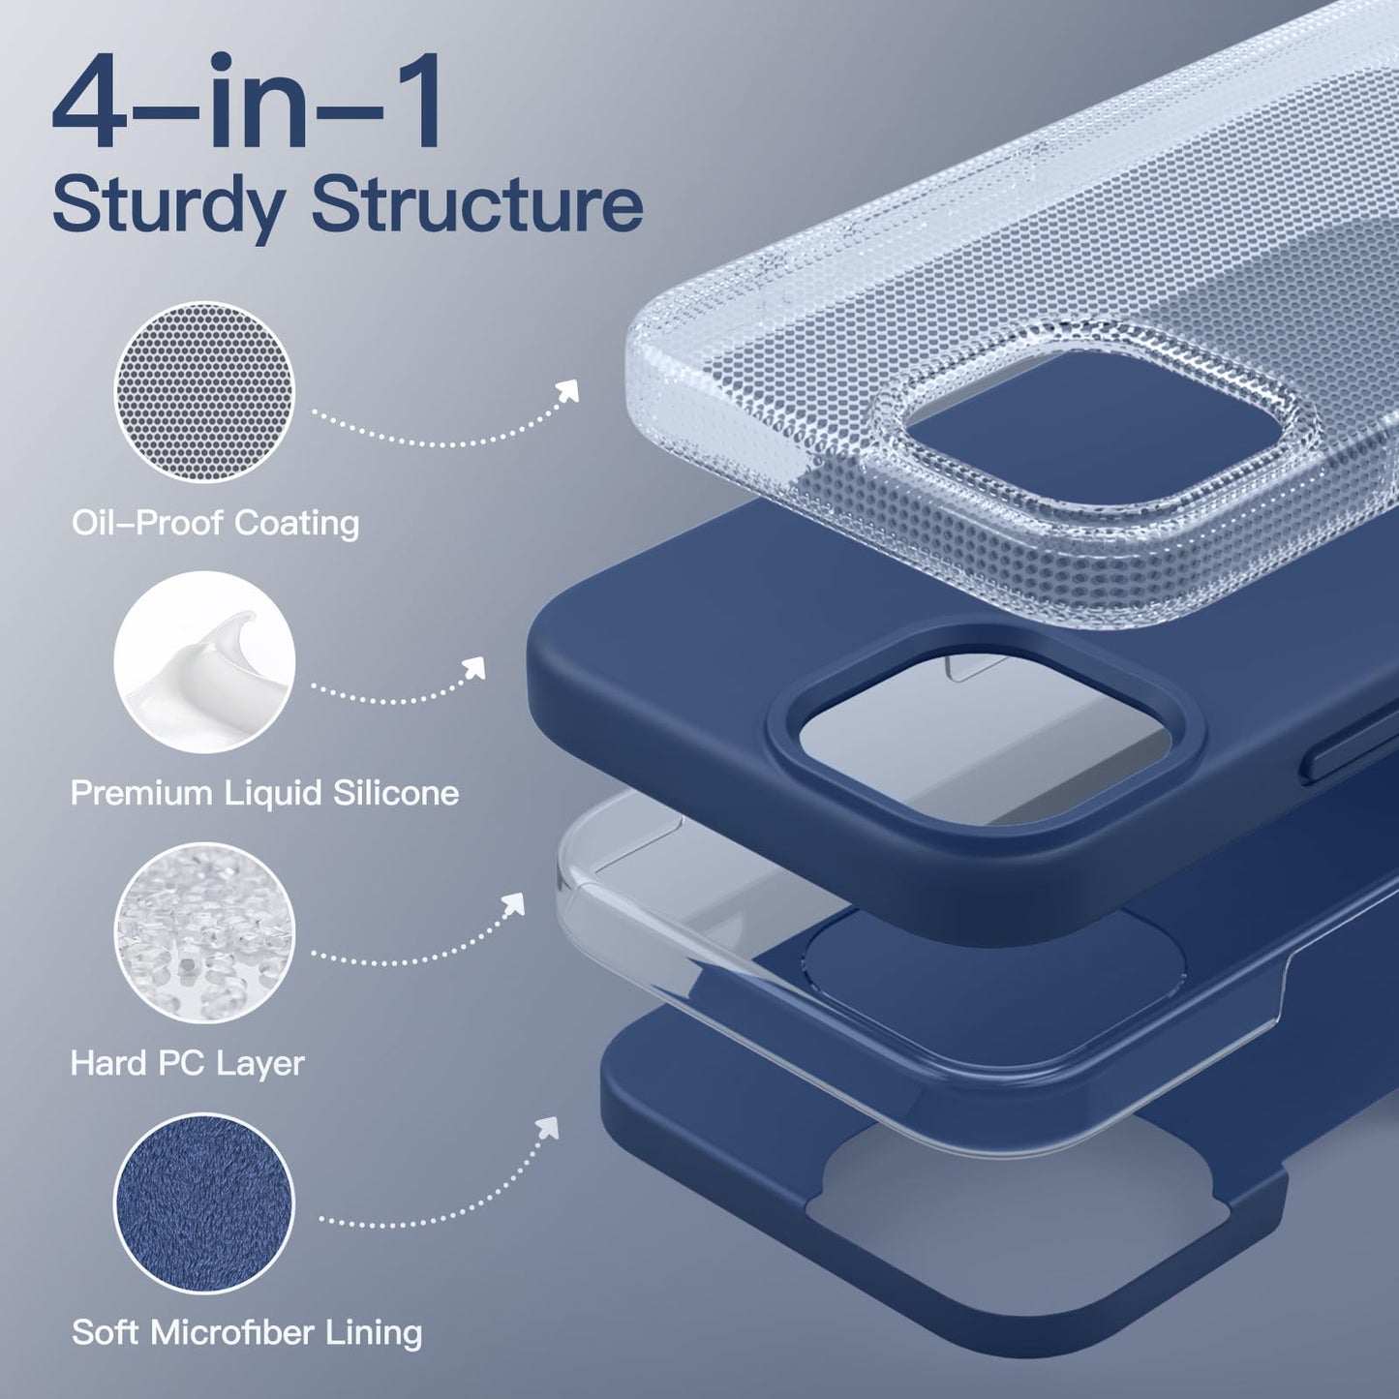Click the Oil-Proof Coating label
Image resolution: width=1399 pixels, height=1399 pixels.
(x=216, y=524)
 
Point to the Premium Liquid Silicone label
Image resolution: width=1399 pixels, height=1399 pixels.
(x=265, y=793)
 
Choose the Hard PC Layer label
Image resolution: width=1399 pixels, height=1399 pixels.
(x=187, y=1064)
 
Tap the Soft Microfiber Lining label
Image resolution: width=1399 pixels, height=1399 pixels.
(x=247, y=1333)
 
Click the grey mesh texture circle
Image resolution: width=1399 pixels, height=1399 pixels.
(x=204, y=392)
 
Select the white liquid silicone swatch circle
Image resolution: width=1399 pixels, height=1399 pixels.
(x=204, y=662)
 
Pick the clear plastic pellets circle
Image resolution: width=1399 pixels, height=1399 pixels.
(x=204, y=933)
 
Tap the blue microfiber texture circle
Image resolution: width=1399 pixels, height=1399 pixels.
(x=204, y=1202)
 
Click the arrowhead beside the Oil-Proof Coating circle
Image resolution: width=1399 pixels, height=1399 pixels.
(x=568, y=390)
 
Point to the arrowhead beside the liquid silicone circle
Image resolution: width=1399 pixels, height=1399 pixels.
(x=474, y=667)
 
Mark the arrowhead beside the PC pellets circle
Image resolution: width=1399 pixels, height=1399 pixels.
(x=513, y=904)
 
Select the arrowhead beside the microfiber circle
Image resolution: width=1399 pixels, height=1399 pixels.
(x=549, y=1127)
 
